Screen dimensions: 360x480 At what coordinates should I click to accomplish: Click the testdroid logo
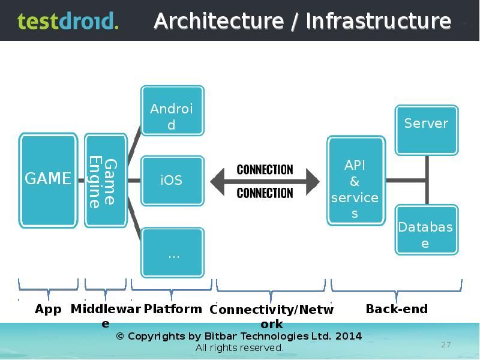point(68,21)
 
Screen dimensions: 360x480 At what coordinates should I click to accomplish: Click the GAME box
point(49,179)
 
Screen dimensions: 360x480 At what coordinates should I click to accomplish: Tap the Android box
point(172,117)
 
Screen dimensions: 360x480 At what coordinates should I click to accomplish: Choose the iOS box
point(172,180)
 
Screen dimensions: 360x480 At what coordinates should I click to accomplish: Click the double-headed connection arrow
point(265,181)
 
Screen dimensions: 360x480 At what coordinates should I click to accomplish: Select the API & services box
point(355,181)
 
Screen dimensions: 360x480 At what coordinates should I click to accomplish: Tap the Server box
point(427,129)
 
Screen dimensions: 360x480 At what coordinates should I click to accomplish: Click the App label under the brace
point(48,309)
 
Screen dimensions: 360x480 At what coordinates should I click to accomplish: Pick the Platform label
point(173,309)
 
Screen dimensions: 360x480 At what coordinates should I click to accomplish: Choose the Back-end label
point(397,309)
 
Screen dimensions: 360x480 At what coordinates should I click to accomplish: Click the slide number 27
point(446,344)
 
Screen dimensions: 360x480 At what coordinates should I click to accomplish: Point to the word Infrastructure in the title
point(378,22)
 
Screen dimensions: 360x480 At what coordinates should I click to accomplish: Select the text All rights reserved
point(239,348)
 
